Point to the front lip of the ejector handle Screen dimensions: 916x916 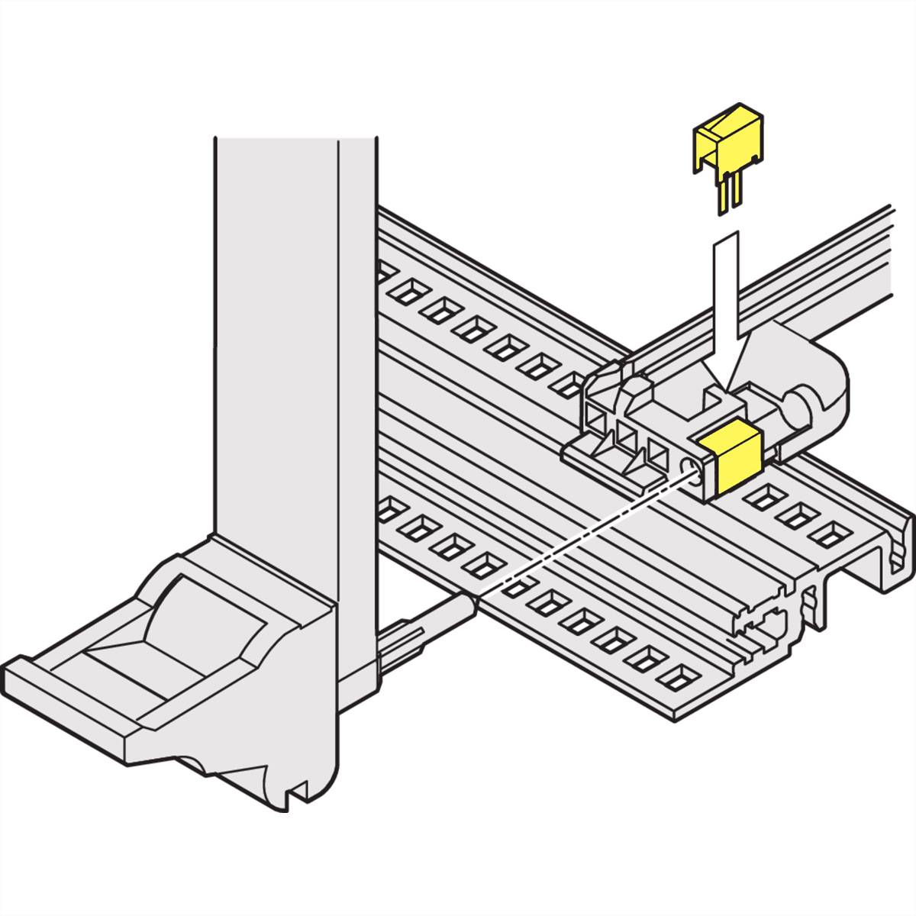[x=69, y=687]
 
